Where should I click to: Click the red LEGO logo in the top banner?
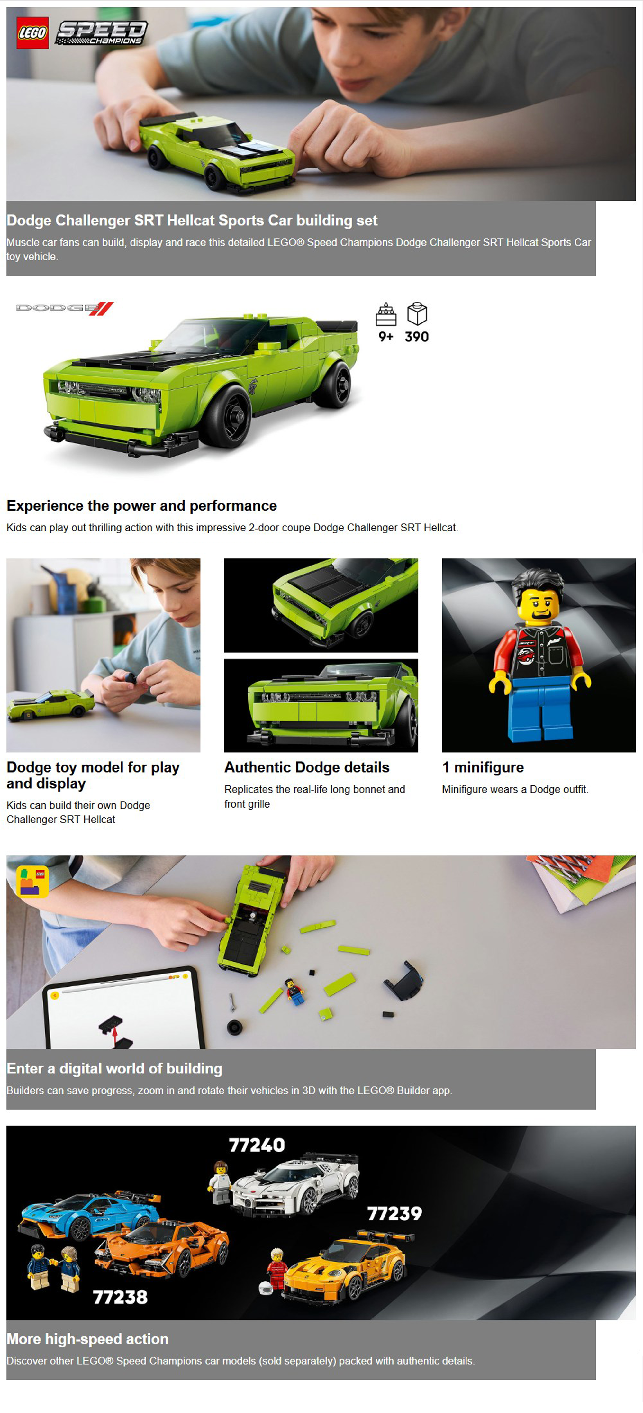pyautogui.click(x=32, y=32)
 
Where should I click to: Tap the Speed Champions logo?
pyautogui.click(x=102, y=32)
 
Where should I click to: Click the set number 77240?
pyautogui.click(x=257, y=1145)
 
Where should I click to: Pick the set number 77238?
pyautogui.click(x=120, y=1297)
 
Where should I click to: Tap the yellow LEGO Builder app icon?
pyautogui.click(x=32, y=882)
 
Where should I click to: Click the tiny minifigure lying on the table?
pyautogui.click(x=295, y=992)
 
